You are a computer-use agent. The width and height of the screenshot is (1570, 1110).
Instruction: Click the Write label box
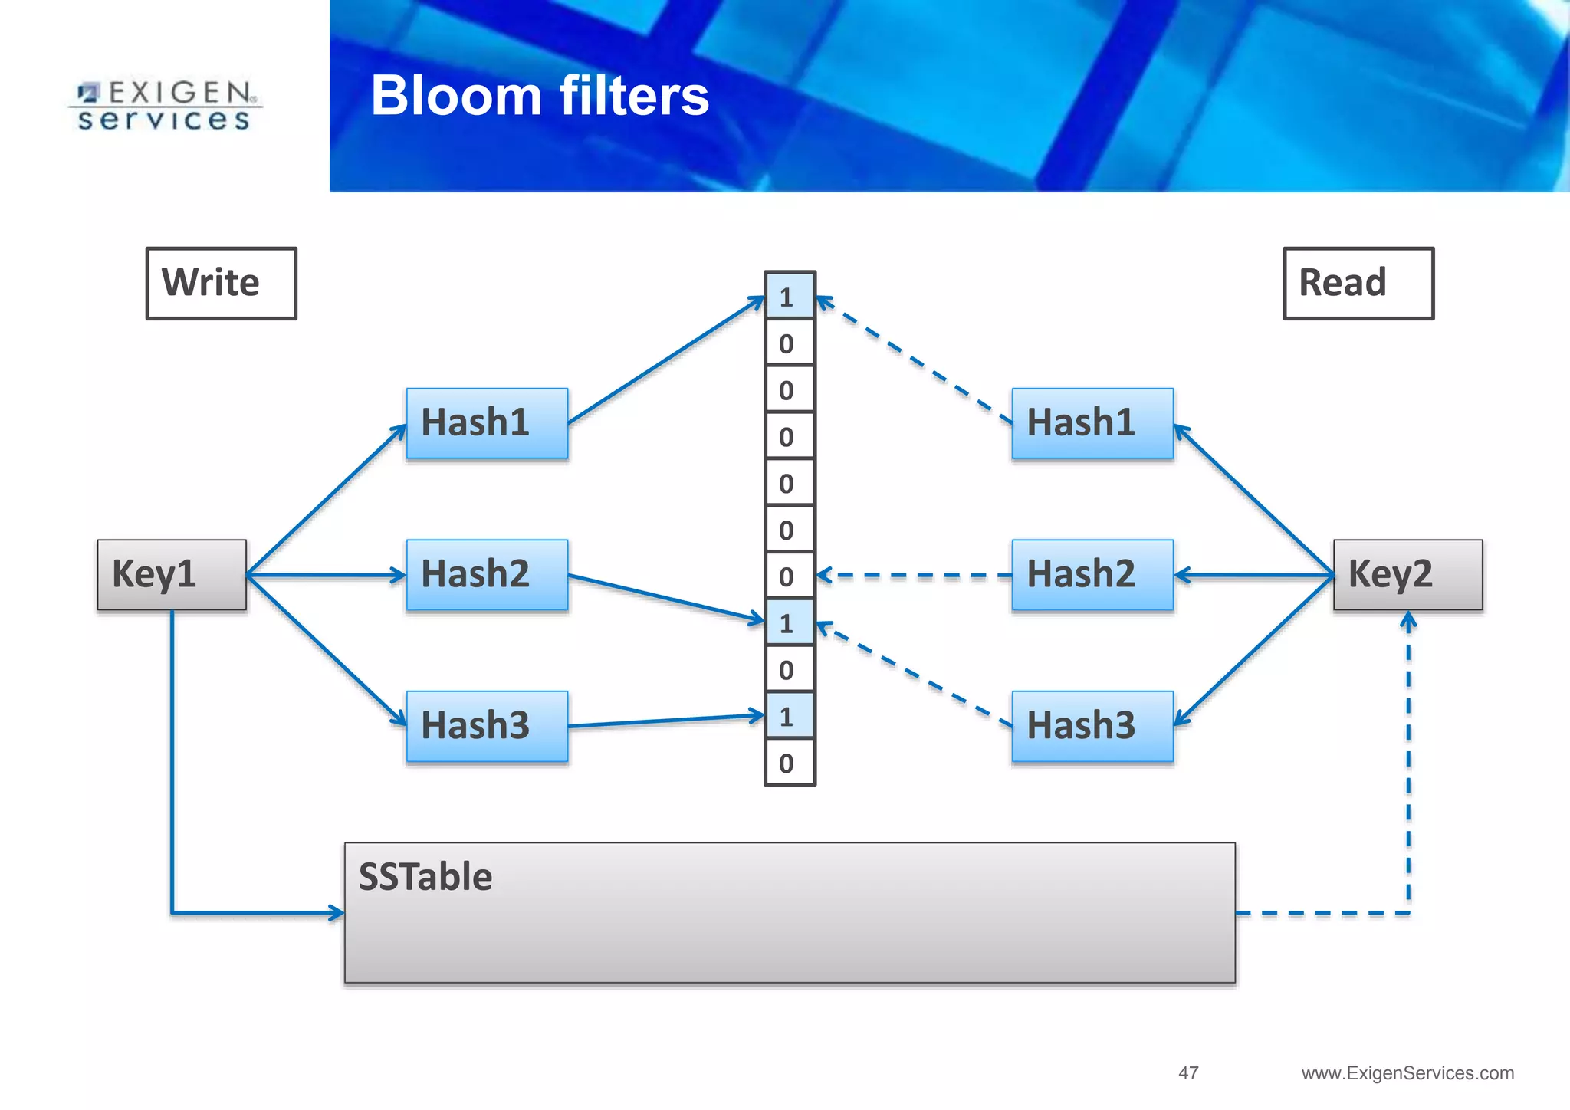221,283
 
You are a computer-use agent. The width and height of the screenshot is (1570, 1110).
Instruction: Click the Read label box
1358,283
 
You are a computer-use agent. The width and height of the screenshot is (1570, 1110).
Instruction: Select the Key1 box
172,575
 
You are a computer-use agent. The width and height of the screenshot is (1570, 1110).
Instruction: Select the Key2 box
1407,575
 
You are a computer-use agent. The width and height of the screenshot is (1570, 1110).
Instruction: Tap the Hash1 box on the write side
487,423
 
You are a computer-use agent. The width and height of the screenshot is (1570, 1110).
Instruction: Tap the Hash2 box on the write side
487,575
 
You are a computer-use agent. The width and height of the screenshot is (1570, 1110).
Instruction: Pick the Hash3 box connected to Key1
487,726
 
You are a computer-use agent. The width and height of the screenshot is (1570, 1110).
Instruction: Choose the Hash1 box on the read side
1092,423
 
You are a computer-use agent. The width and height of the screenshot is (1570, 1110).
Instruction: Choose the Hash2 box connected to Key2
1092,575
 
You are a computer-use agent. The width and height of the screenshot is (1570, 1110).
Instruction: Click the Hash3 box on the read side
1092,726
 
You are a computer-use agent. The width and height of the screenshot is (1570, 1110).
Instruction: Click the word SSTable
425,877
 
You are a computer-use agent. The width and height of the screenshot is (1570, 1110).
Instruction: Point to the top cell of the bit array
789,296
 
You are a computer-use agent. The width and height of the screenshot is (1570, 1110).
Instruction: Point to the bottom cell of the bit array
789,763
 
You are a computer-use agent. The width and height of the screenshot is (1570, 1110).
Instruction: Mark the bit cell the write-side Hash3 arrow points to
789,717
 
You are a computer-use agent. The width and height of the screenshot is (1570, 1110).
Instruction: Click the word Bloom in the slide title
457,96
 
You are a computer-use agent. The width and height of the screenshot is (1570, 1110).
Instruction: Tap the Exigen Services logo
165,106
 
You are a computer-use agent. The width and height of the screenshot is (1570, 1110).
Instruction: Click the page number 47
1188,1073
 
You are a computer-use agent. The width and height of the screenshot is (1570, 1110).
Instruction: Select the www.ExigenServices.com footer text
1407,1073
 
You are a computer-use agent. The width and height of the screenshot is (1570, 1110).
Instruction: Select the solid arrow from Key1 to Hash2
326,575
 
